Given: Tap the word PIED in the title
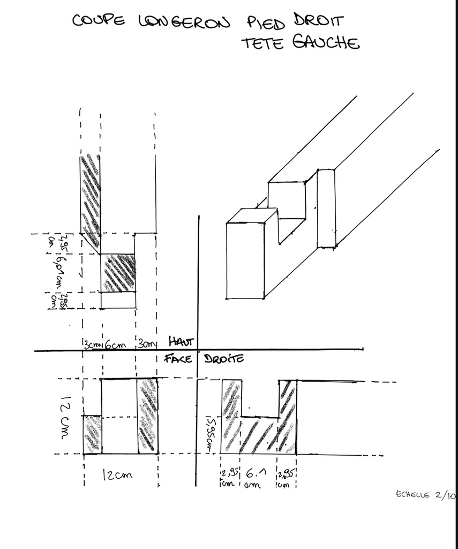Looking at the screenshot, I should click(x=267, y=23).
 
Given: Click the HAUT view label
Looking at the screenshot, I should click(x=182, y=341).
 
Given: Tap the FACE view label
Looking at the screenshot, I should click(x=178, y=358).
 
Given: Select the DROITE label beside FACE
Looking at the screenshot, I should click(x=223, y=358).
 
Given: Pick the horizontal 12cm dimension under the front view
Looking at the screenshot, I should click(x=117, y=475).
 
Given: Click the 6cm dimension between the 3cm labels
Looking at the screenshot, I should click(x=115, y=345).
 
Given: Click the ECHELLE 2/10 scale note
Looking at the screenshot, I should click(x=425, y=495).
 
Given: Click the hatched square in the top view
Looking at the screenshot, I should click(x=118, y=273).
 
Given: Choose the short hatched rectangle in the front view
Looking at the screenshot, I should click(x=92, y=434).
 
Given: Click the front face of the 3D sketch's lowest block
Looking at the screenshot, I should click(x=245, y=261).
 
